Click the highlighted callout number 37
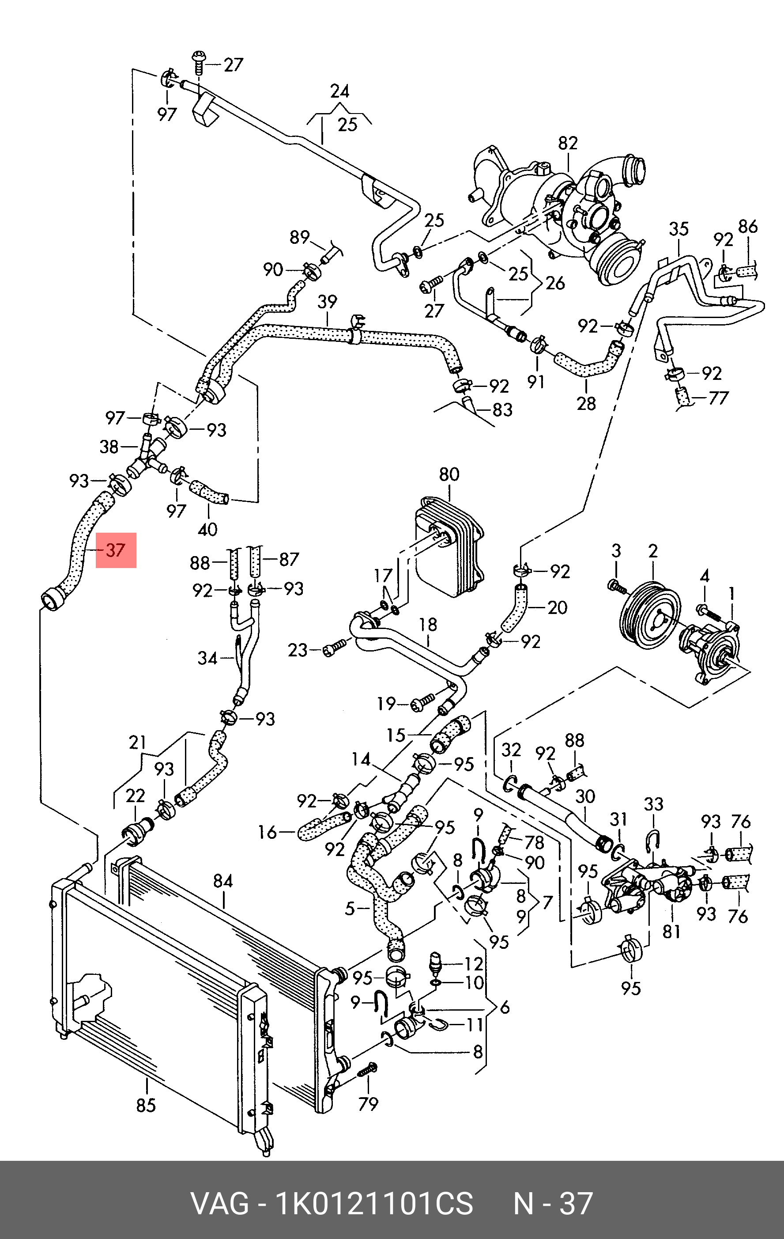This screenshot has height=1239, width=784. (x=116, y=550)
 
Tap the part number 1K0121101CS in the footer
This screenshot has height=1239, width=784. (x=375, y=1204)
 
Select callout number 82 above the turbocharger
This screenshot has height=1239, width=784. (x=568, y=144)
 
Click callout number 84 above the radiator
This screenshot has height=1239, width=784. (x=223, y=881)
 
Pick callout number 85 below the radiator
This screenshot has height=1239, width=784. (x=146, y=1105)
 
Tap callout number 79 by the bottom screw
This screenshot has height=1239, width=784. (x=368, y=1104)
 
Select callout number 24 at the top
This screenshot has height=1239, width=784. (x=340, y=91)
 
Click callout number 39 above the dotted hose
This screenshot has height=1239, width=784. (x=328, y=302)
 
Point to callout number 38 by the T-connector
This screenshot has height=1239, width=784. (x=109, y=447)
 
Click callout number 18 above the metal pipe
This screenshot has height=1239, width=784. (x=428, y=625)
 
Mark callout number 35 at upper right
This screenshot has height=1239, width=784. (x=678, y=229)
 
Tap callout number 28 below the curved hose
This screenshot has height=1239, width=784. (x=586, y=403)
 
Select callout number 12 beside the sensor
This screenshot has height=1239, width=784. (x=474, y=964)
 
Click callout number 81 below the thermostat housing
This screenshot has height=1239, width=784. (x=671, y=931)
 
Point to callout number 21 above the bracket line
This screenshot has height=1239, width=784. (x=138, y=743)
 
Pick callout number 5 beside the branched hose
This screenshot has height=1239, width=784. (x=350, y=909)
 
